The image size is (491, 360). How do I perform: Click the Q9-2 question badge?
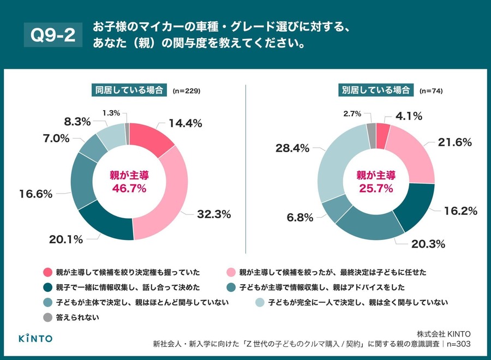click(52, 35)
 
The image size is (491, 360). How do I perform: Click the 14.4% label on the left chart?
click(184, 123)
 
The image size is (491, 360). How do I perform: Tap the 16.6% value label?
click(34, 193)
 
